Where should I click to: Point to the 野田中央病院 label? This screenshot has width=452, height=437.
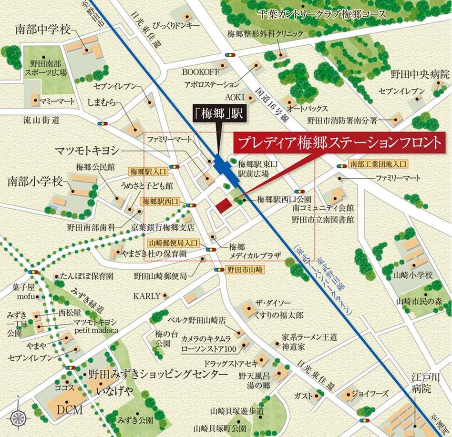coord(420,74)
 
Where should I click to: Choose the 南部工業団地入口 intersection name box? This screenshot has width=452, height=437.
coord(378,164)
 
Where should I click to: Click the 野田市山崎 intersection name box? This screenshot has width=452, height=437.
coord(245,269)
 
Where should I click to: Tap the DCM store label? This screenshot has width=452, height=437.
coord(70,410)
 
